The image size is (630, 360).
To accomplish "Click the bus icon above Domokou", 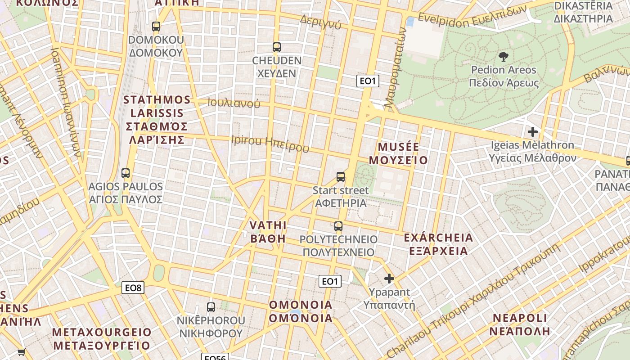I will tap(156, 27).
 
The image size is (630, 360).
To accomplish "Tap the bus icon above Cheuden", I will tap(277, 47).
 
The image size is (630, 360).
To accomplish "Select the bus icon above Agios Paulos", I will tap(126, 173).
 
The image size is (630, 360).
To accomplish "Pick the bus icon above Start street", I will tap(341, 177).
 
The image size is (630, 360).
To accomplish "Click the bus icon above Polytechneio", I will tap(338, 226).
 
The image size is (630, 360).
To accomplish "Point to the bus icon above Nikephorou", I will tap(211, 307).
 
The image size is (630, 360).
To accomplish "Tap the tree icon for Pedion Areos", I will tap(504, 57).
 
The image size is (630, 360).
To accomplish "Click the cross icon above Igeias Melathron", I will tap(533, 132).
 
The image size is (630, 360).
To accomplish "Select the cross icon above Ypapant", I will tap(389, 279).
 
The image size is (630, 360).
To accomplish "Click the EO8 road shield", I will tap(133, 288).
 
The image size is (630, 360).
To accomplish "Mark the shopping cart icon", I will tap(21, 352).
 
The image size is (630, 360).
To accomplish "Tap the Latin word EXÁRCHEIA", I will tap(438, 238).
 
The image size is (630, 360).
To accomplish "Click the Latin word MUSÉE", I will tap(399, 147).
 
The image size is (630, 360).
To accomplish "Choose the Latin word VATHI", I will tap(268, 225).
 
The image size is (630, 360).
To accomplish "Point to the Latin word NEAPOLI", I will tap(520, 318).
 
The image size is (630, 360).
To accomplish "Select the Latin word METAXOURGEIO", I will tap(102, 332).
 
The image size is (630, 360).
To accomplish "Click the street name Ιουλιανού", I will tap(234, 103).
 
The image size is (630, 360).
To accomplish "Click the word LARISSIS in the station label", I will tap(154, 113).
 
